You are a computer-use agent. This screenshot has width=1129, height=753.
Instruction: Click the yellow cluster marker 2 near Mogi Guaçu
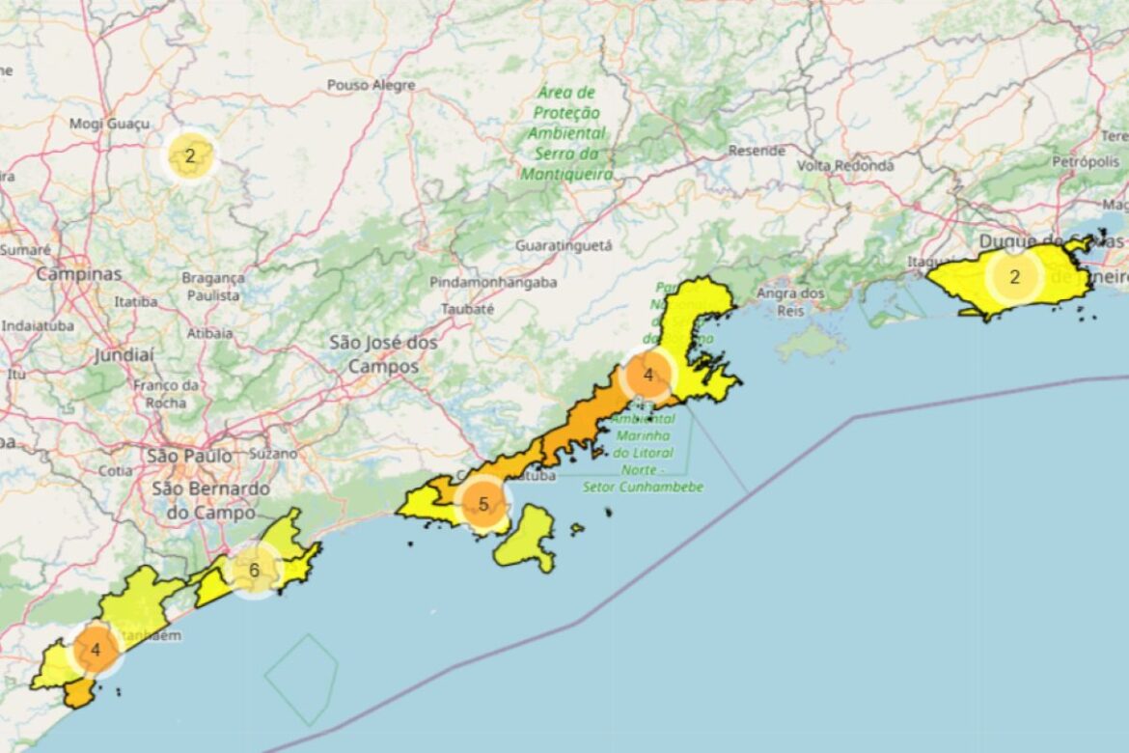(190, 156)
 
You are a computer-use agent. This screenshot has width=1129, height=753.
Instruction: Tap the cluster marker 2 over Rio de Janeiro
(1013, 278)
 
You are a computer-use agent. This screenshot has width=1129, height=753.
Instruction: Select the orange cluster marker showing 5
(483, 504)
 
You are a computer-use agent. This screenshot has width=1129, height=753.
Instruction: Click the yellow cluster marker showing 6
(254, 570)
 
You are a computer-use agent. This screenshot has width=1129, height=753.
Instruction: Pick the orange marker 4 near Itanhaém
(96, 650)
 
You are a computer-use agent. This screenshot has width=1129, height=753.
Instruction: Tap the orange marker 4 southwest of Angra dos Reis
(647, 376)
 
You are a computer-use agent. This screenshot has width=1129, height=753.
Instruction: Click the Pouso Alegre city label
(371, 85)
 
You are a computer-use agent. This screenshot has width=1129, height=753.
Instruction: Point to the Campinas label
(79, 274)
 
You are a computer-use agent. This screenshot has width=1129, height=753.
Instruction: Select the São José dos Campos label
(383, 354)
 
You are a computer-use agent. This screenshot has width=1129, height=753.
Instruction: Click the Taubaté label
(467, 309)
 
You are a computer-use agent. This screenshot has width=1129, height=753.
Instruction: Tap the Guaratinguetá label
(564, 245)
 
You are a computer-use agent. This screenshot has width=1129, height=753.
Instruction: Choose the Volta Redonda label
(845, 165)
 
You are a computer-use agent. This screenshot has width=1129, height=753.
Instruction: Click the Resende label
(757, 151)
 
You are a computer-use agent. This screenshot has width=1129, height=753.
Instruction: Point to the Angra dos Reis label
(790, 300)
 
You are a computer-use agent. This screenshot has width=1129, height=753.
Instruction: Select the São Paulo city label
(189, 455)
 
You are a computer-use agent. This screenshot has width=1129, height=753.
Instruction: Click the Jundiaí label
(124, 355)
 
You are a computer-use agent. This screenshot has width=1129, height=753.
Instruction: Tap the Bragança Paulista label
(212, 286)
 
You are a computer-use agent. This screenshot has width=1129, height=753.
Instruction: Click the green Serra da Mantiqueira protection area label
(567, 133)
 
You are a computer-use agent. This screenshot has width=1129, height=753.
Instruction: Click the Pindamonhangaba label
(493, 283)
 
